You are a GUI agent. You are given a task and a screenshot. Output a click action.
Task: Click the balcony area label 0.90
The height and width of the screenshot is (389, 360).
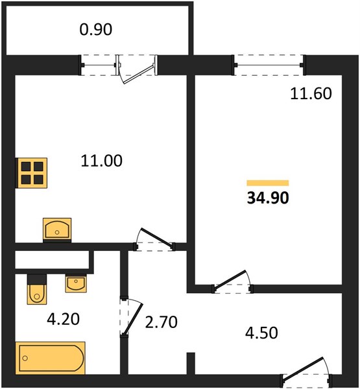[x=96, y=29]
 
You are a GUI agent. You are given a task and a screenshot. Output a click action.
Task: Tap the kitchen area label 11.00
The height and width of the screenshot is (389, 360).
[x=102, y=161]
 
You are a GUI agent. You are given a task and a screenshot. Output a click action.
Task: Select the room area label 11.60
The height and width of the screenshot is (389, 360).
[x=311, y=94]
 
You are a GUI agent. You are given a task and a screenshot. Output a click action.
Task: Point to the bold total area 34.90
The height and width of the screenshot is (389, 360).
[x=268, y=198]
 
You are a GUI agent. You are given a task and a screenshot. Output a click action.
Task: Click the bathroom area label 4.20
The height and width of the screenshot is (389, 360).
[x=64, y=319]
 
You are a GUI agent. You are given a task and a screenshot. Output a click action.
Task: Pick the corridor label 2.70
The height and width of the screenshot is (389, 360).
[x=161, y=322]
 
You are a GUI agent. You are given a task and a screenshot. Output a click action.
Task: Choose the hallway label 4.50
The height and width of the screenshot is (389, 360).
[x=261, y=333]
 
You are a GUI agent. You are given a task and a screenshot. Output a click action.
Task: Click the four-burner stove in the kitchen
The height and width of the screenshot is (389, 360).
[x=32, y=173]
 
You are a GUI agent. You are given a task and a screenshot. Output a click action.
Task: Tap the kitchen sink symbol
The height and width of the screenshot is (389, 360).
[x=57, y=230]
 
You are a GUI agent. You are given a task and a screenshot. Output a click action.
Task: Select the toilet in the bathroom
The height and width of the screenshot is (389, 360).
[x=37, y=289]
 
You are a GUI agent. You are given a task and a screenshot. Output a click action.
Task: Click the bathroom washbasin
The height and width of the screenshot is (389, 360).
[x=76, y=283]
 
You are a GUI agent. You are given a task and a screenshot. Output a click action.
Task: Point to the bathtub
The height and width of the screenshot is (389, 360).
[x=51, y=358]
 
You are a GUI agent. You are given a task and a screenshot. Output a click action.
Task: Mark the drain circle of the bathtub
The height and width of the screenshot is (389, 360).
[x=25, y=358]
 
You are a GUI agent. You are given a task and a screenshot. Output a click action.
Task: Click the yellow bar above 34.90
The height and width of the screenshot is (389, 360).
[x=268, y=183]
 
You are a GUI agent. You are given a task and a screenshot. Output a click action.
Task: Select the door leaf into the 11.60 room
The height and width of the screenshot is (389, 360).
[x=230, y=280]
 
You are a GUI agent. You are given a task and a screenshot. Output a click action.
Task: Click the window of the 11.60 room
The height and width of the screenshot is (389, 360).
[x=269, y=65]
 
